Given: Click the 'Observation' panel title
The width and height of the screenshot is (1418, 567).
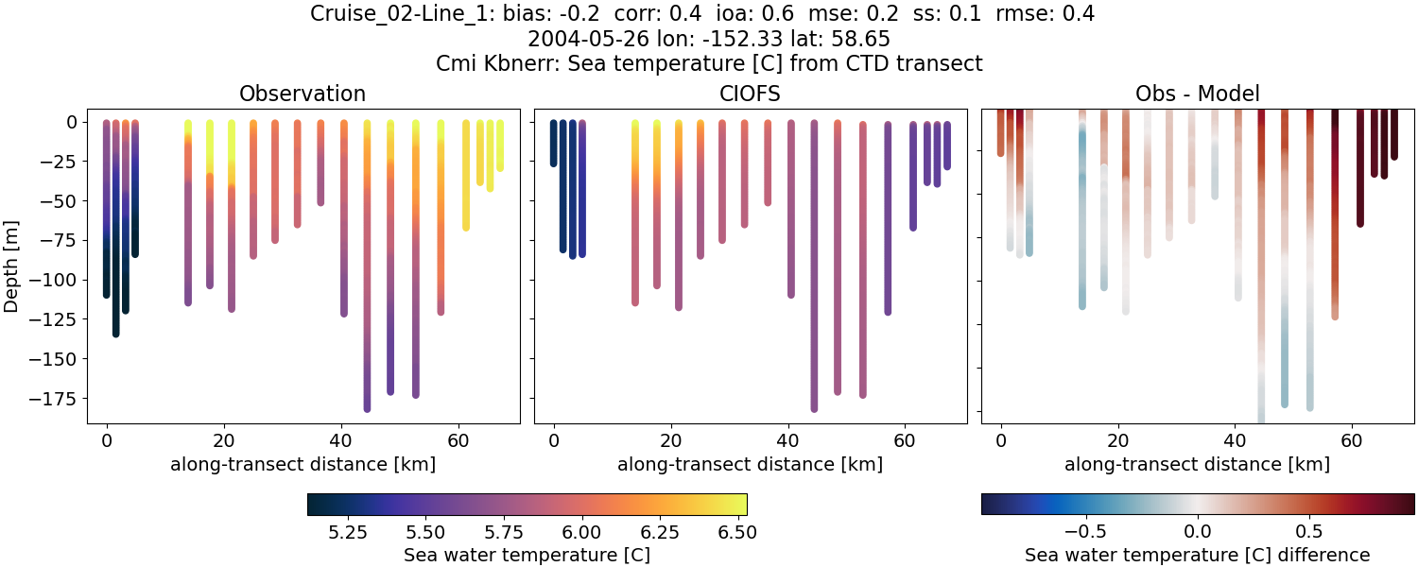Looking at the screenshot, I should pyautogui.click(x=303, y=94).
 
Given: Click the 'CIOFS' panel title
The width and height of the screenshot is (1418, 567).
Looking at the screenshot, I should pyautogui.click(x=750, y=94).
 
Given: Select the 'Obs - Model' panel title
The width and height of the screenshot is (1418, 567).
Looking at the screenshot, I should pyautogui.click(x=1197, y=94).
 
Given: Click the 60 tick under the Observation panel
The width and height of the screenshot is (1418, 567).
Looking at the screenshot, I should pyautogui.click(x=458, y=439).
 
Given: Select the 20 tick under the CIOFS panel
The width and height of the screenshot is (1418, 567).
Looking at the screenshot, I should pyautogui.click(x=670, y=439).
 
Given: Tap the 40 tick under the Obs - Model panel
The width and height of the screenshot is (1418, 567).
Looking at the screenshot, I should pyautogui.click(x=1235, y=439).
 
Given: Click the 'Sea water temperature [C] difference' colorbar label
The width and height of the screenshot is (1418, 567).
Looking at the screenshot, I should pyautogui.click(x=1197, y=555).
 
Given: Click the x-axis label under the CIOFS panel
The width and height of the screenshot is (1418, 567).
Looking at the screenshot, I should pyautogui.click(x=750, y=464).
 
